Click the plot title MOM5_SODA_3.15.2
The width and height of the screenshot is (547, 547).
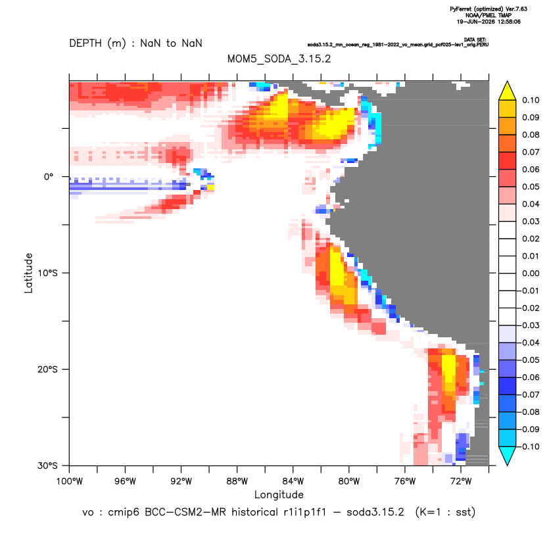279,59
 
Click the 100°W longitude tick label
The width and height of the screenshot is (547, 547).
70,481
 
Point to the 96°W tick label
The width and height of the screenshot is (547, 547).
125,481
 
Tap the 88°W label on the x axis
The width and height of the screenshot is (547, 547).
237,481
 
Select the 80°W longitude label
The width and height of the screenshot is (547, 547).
349,481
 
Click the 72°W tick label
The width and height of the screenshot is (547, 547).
461,481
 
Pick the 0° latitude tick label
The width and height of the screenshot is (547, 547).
49,177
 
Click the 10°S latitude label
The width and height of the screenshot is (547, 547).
47,273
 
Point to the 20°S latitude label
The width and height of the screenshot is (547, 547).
47,369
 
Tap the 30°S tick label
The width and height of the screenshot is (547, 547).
47,465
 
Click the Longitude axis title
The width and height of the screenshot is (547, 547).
279,494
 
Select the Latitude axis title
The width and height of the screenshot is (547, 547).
28,273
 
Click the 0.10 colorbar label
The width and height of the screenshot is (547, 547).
531,100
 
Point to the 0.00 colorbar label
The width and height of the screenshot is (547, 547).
531,273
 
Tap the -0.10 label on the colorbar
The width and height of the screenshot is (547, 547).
529,446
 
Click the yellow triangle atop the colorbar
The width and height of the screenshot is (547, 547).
508,91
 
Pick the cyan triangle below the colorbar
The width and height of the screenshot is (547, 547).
508,455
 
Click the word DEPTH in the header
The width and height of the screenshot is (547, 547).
85,43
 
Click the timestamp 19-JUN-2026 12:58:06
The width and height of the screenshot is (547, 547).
488,22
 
